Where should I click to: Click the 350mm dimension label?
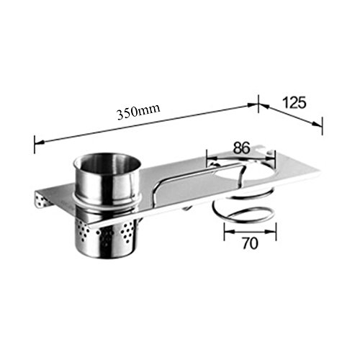click(x=138, y=112)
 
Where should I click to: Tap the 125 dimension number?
click(x=294, y=102)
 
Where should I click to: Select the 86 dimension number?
click(x=242, y=148)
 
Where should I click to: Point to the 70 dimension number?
click(x=250, y=243)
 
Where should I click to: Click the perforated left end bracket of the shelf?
click(x=42, y=200)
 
